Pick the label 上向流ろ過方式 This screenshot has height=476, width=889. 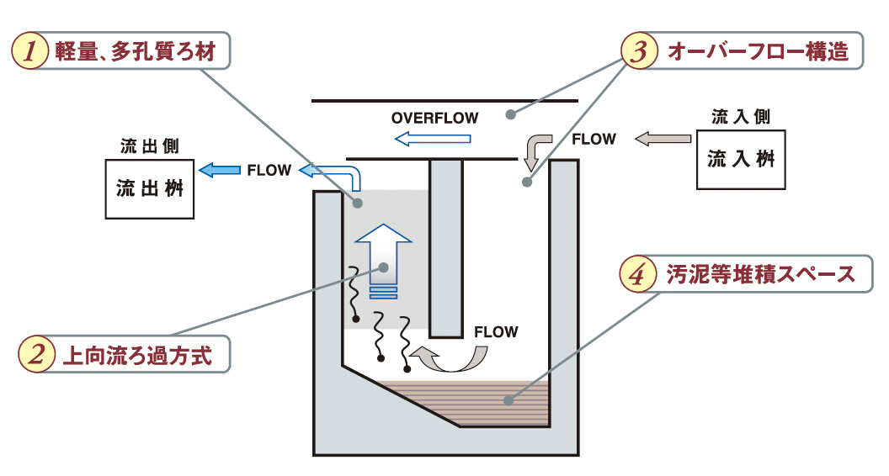(137, 355)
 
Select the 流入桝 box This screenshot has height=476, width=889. (741, 159)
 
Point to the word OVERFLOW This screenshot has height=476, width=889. (434, 118)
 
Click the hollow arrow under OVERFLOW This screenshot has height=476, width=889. (433, 139)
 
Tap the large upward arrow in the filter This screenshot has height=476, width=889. (383, 256)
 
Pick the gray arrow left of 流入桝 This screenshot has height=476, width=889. (663, 139)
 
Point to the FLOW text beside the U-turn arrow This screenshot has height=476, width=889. (496, 331)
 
